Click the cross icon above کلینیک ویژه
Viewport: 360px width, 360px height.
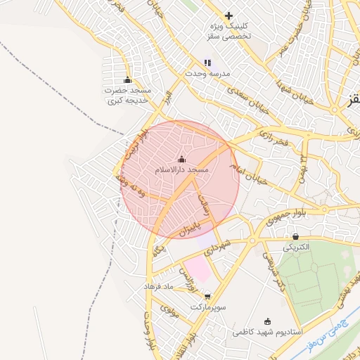[x=229, y=15]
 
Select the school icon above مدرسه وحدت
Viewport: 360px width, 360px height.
[x=207, y=63]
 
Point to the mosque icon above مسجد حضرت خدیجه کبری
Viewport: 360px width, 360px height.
[x=127, y=79]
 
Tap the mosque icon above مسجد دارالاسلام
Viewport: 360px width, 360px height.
[x=182, y=159]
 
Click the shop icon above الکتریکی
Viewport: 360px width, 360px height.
[x=295, y=237]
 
